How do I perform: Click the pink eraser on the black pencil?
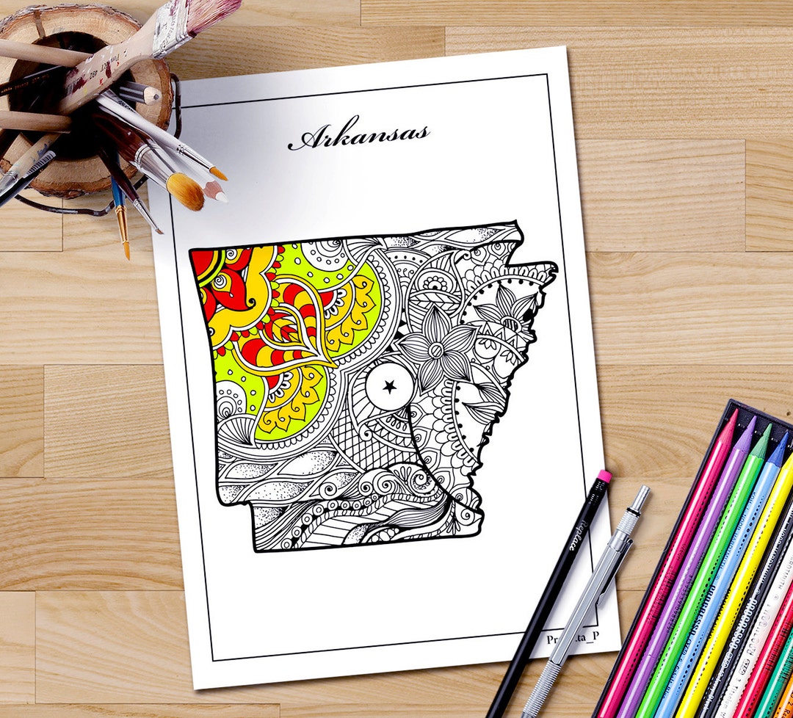click(x=604, y=477)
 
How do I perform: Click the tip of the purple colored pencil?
click(x=750, y=424)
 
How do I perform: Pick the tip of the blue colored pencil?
click(x=783, y=438)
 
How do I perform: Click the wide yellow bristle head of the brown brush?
click(x=185, y=191)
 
